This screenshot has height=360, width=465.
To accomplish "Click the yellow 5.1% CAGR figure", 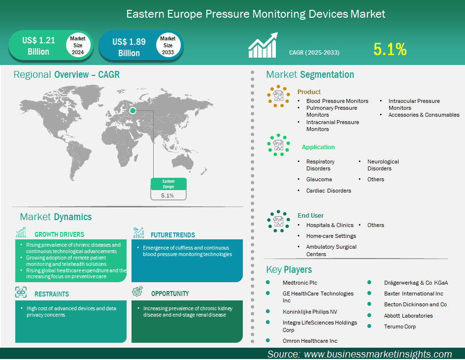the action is tap(390, 49).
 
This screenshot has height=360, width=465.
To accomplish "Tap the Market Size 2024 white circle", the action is tap(78, 45).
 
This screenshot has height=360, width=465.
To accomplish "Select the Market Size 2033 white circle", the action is tap(168, 45).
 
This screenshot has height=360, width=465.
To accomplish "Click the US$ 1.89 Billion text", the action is tap(129, 47).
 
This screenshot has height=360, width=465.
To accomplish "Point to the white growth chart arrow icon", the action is tap(263, 45).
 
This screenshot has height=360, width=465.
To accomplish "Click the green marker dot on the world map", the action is tap(133, 111).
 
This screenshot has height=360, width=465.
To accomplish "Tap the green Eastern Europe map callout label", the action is tap(168, 184).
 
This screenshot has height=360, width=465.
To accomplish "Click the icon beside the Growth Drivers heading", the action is tap(21, 232).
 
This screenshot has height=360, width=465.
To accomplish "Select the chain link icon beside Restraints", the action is tap(21, 292).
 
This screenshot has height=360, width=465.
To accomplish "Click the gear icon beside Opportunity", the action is tap(137, 291).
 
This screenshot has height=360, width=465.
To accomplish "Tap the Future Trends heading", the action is tap(173, 235).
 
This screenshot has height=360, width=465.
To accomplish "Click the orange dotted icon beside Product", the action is tap(278, 96).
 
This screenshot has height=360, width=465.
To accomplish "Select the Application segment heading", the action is tap(318, 147).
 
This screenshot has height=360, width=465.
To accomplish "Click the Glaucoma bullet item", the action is tap(319, 179).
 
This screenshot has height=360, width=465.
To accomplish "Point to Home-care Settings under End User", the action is tap(331, 236).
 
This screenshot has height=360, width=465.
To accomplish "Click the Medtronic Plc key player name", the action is tap(300, 283).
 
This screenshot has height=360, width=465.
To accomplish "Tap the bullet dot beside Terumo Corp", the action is tap(369, 326).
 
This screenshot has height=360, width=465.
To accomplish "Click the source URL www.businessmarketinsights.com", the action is tap(378, 354).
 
